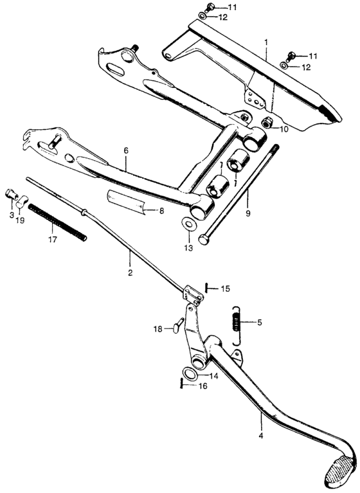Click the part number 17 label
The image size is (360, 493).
(x=53, y=239)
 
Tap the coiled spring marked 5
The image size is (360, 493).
(x=237, y=325)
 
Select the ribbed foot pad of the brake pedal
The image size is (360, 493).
(x=341, y=471)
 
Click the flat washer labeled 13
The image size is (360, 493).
(x=189, y=224)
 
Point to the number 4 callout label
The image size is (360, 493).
(x=260, y=435)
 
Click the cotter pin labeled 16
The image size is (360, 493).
(x=182, y=384)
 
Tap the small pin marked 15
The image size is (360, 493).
(x=206, y=288)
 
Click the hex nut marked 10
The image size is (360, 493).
(x=267, y=122)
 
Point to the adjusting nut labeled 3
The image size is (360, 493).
(x=12, y=194)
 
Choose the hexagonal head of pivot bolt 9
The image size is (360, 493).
(x=203, y=239)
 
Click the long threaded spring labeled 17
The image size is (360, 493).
(x=57, y=222)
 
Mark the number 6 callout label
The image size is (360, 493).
(x=126, y=150)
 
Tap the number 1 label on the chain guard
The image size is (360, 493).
(x=266, y=42)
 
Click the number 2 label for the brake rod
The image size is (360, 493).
(x=130, y=273)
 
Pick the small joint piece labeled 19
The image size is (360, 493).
(x=22, y=201)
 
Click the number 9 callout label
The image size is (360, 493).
(x=248, y=213)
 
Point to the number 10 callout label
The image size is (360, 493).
(x=284, y=129)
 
